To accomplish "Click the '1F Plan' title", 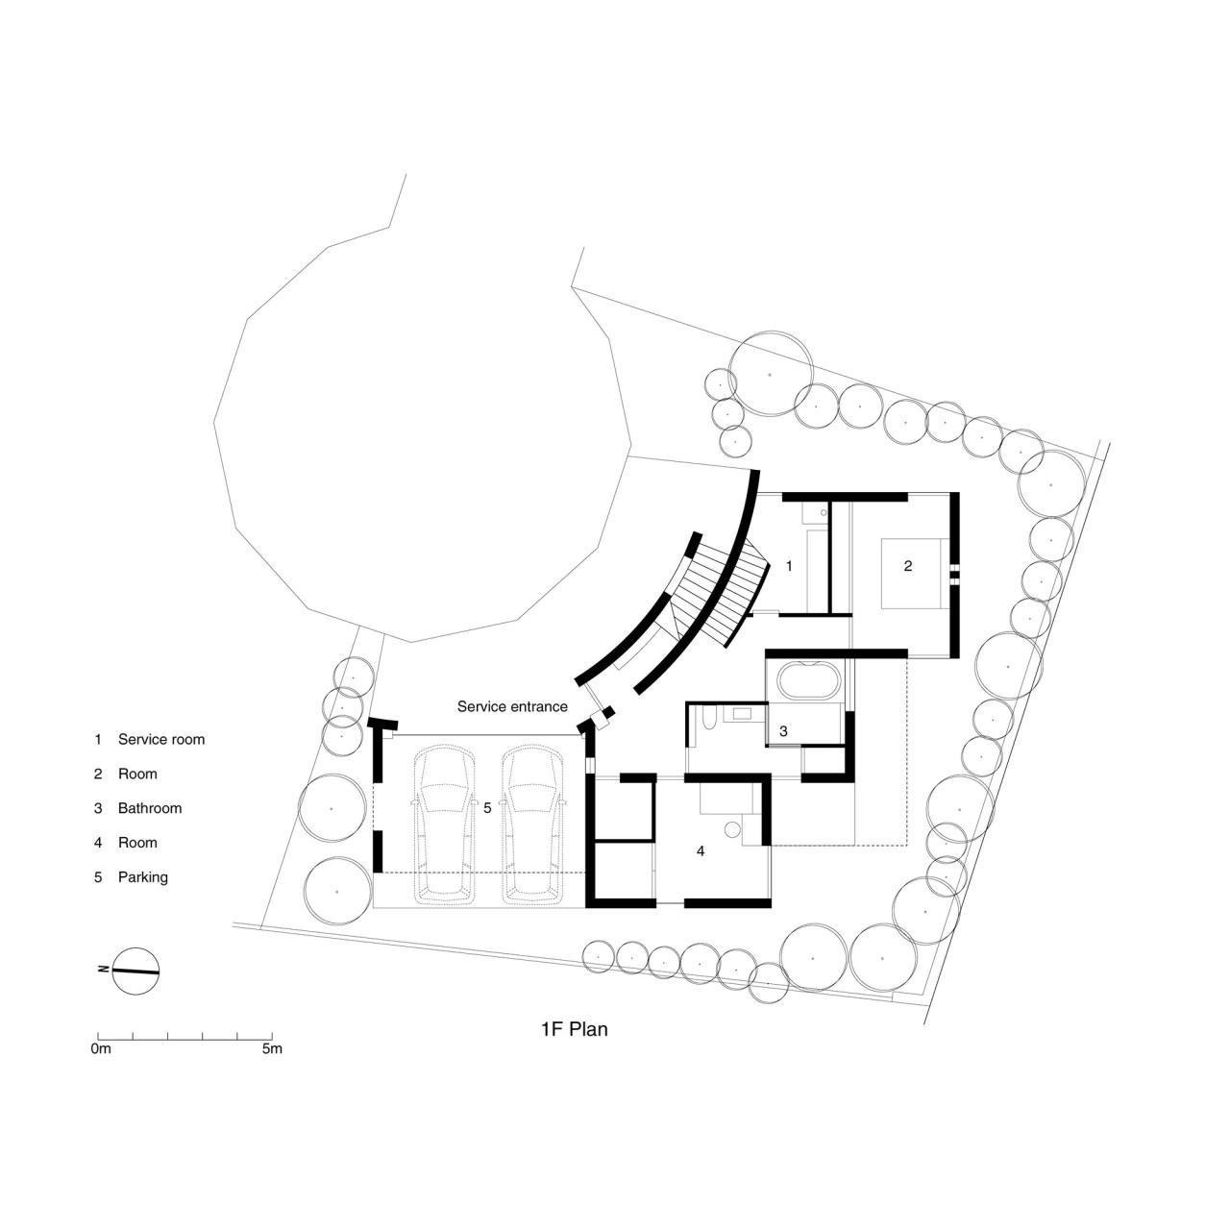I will point(574,1029).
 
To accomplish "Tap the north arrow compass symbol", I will point(135,971).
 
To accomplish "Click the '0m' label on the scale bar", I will point(101,1048).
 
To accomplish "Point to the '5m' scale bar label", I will point(272,1048).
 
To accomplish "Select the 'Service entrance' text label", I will point(512,706).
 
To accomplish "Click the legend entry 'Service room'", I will point(160,740).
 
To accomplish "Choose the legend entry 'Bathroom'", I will point(149,808).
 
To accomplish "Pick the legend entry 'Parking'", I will point(142,877).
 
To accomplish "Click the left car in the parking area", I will point(444,824).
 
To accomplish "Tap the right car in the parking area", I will point(533,824).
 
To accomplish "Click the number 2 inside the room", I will point(908,566).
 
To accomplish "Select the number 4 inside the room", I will point(701,850).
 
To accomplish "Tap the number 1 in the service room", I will point(789,566).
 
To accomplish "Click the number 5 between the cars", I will point(487,808).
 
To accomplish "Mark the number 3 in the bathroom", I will point(783,731).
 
